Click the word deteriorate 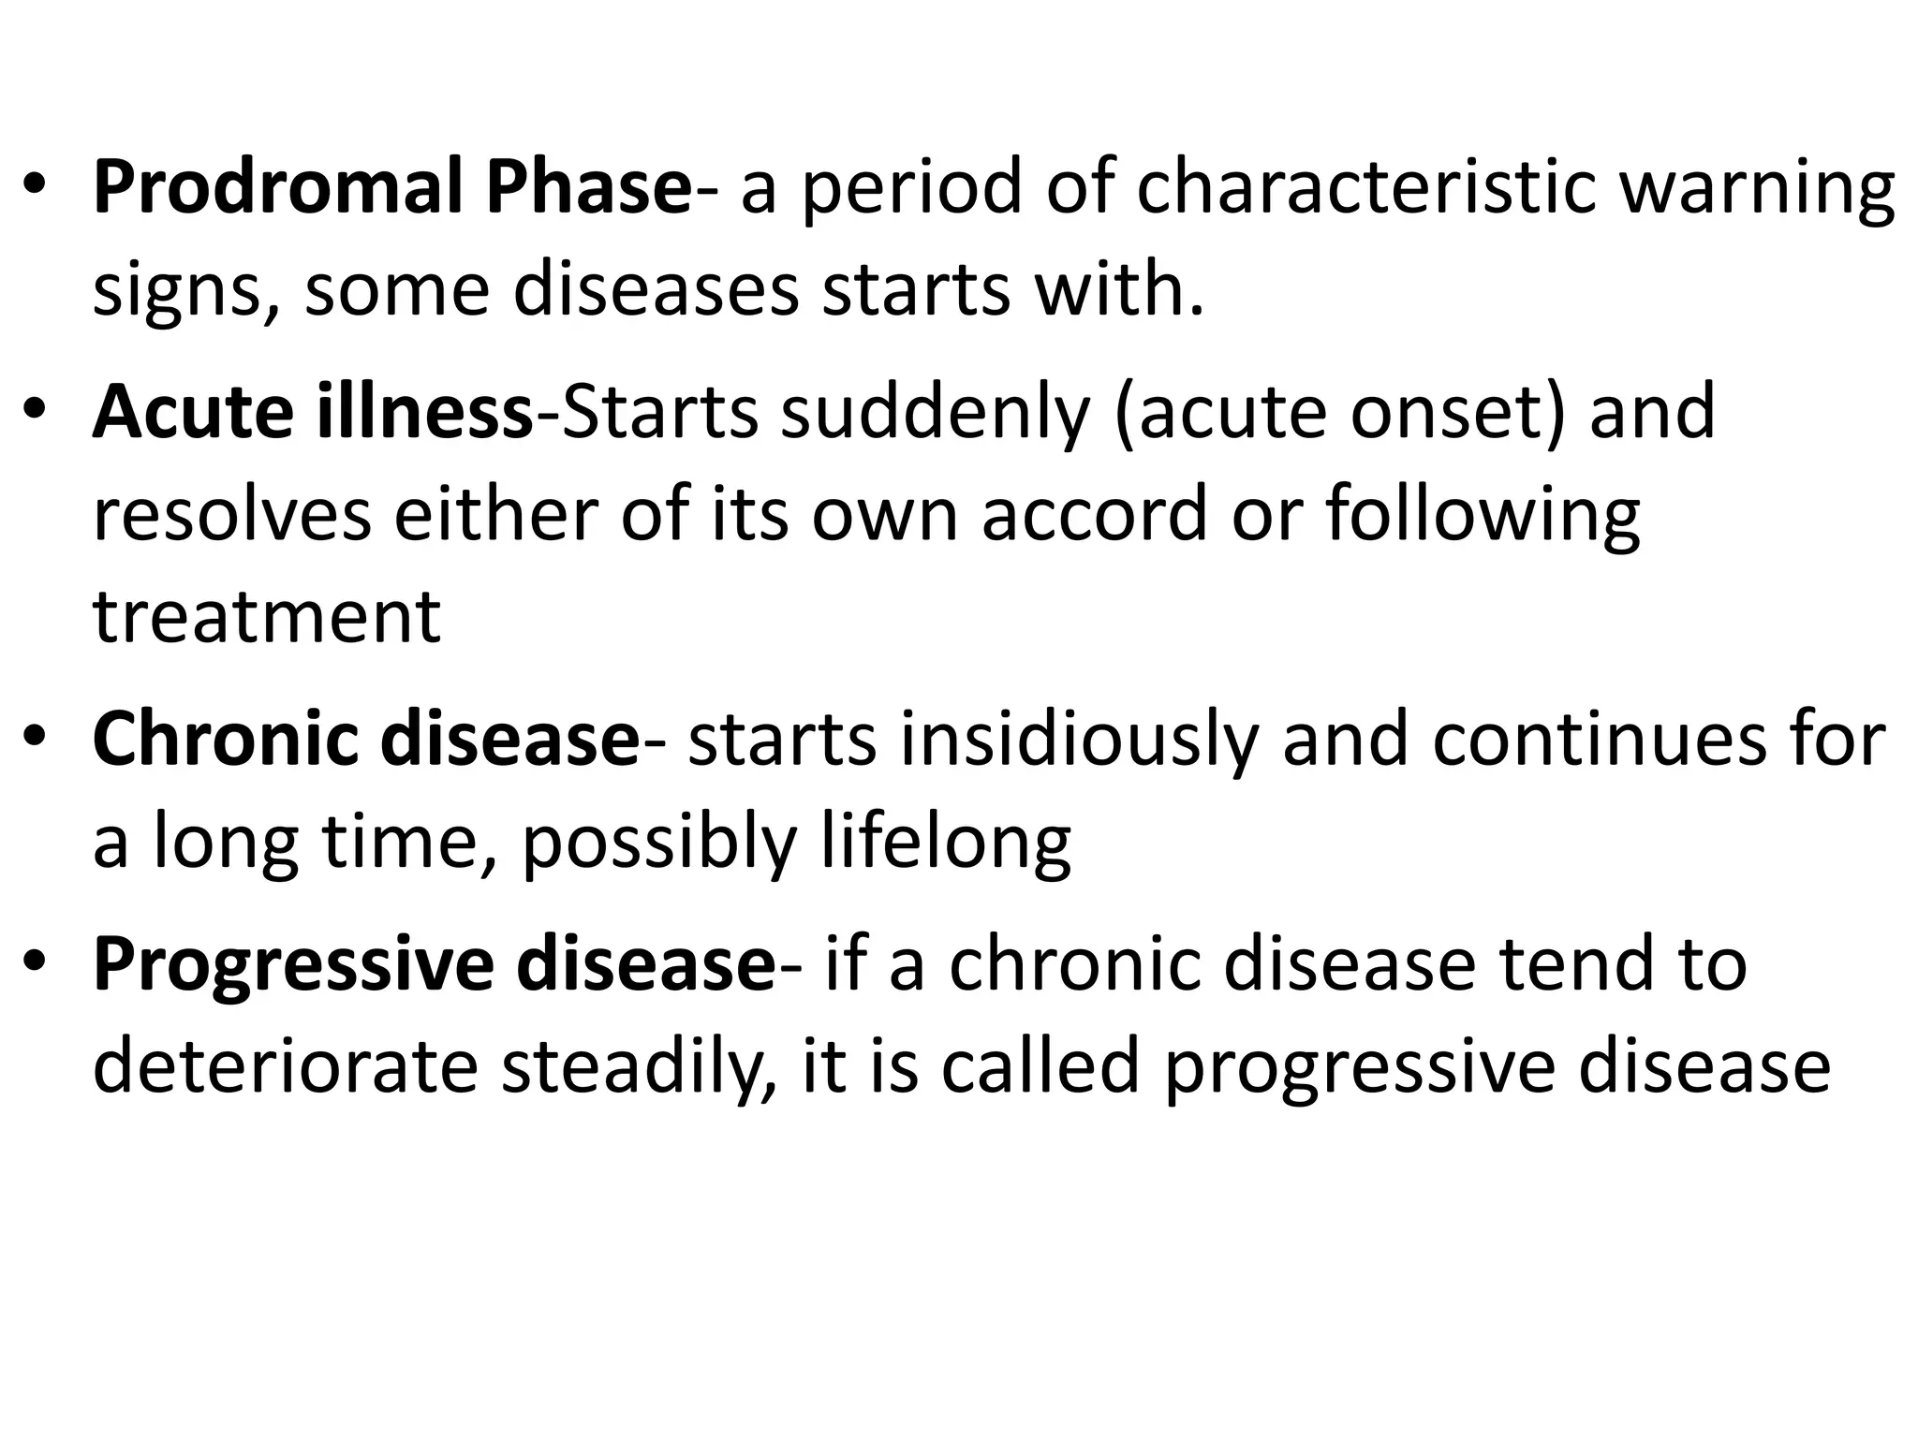click(x=286, y=1067)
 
